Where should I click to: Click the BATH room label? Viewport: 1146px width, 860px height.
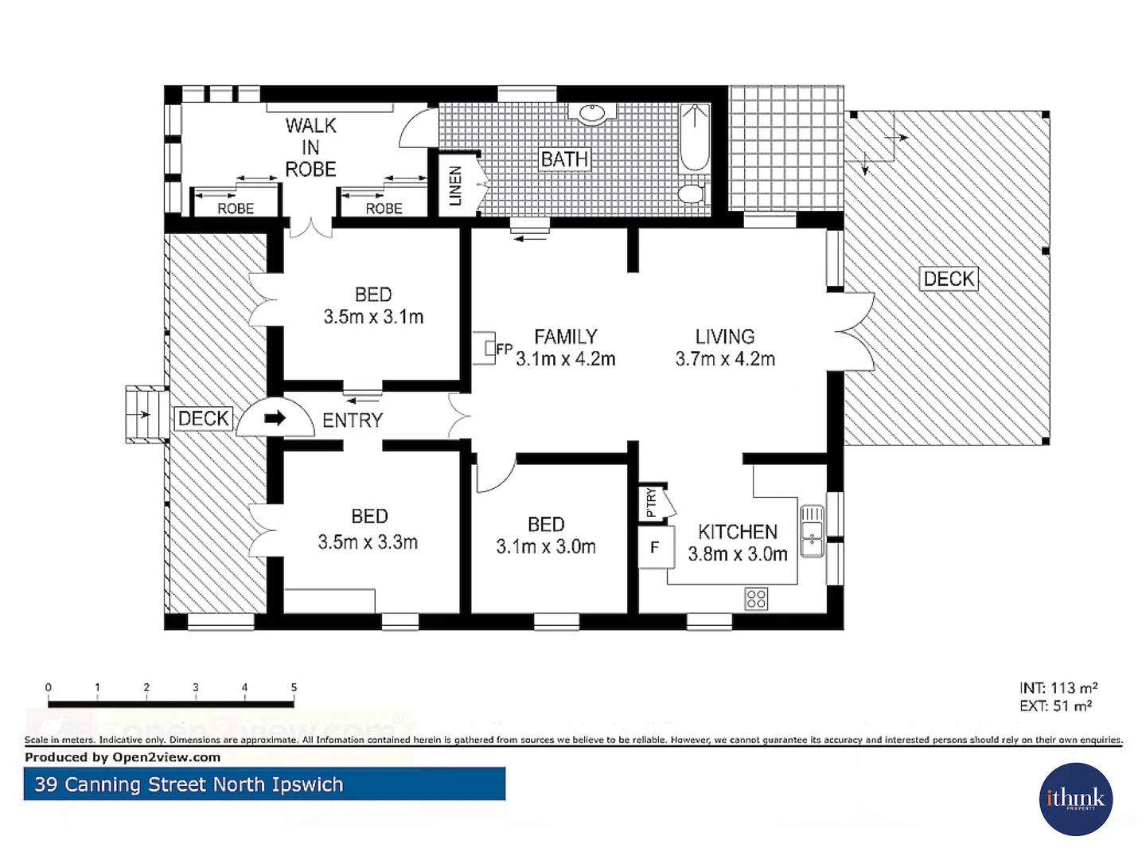click(564, 159)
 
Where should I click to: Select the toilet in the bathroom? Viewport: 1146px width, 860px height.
click(692, 193)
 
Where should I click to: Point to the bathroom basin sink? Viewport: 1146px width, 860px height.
click(592, 113)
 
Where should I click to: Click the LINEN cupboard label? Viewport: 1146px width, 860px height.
click(455, 186)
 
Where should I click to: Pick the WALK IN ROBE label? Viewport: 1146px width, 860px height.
click(310, 147)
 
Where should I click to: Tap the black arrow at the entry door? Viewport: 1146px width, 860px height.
click(275, 418)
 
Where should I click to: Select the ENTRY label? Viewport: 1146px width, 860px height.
click(353, 420)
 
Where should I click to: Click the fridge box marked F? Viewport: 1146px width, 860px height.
click(656, 548)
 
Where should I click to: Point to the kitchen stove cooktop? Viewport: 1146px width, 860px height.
click(756, 598)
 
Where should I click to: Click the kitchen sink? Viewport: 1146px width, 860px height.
click(811, 531)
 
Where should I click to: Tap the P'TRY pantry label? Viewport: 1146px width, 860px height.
click(652, 502)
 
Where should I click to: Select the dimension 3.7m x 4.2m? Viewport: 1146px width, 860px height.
click(725, 359)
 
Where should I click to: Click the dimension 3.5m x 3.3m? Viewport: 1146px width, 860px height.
click(368, 542)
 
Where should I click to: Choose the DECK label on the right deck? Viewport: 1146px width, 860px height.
click(949, 279)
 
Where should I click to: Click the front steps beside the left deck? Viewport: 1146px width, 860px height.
click(146, 414)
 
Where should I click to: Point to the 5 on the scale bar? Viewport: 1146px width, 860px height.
click(294, 687)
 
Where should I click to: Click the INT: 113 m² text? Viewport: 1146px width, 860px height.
click(1058, 688)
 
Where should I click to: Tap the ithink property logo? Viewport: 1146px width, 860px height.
click(1075, 799)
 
